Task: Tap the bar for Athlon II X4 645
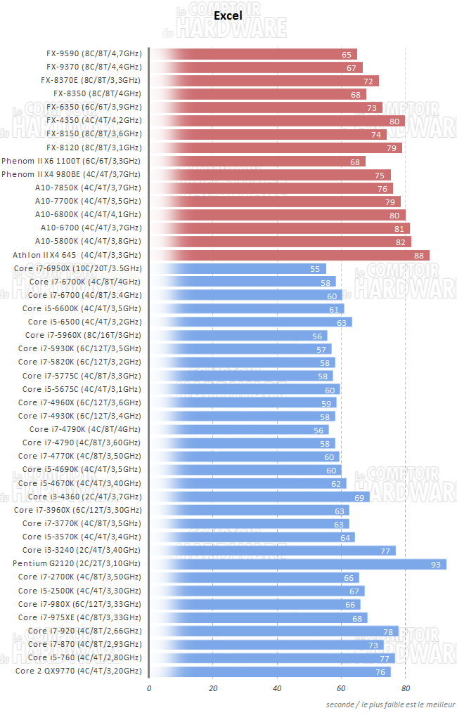pyautogui.click(x=289, y=255)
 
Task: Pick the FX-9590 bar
pyautogui.click(x=253, y=54)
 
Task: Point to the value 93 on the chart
pyautogui.click(x=436, y=564)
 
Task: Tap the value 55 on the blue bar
pyautogui.click(x=316, y=269)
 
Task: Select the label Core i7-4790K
pyautogui.click(x=85, y=429)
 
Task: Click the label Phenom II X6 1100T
pyautogui.click(x=71, y=161)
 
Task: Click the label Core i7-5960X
pyautogui.click(x=83, y=336)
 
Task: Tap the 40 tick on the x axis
pyautogui.click(x=277, y=688)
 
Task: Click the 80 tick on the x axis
pyautogui.click(x=405, y=688)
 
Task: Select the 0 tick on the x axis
pyautogui.click(x=149, y=688)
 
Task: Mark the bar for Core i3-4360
pyautogui.click(x=259, y=497)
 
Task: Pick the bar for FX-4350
pyautogui.click(x=277, y=121)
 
